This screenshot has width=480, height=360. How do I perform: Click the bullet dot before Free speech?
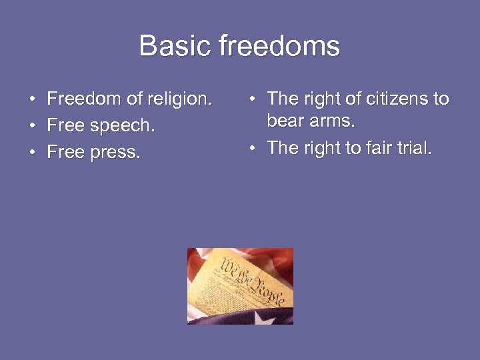pyautogui.click(x=32, y=127)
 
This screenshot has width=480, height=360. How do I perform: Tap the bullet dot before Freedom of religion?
pyautogui.click(x=32, y=100)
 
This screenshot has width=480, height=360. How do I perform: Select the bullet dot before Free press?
pyautogui.click(x=32, y=153)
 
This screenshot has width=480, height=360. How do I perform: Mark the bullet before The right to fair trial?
pyautogui.click(x=252, y=149)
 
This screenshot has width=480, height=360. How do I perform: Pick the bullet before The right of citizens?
pyautogui.click(x=252, y=100)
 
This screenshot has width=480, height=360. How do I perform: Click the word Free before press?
pyautogui.click(x=65, y=153)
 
